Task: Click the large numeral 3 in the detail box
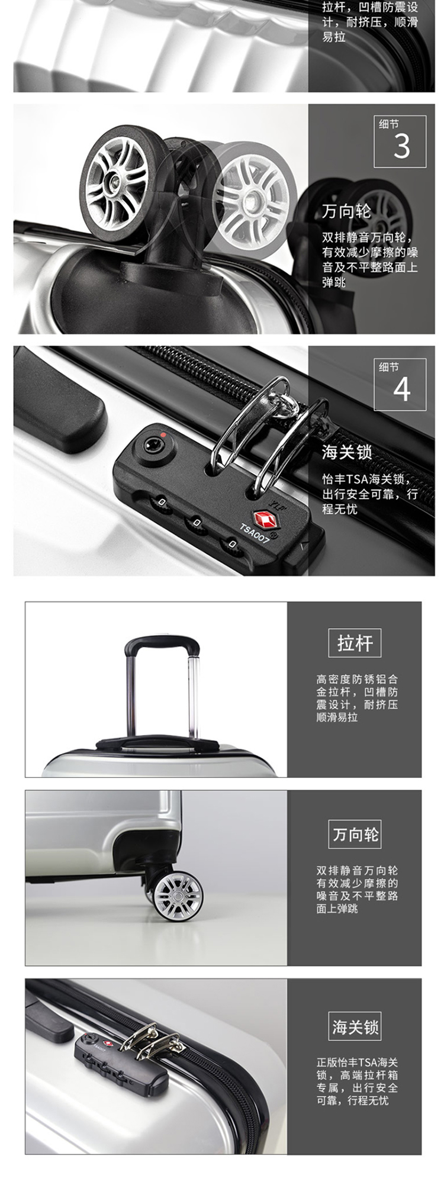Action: point(401,146)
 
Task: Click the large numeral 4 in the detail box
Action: point(402,389)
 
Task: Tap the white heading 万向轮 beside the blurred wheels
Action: point(346,211)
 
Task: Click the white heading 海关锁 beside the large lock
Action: point(346,453)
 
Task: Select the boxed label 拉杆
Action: point(355,643)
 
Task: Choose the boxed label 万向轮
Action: point(355,835)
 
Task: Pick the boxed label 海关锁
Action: point(355,1027)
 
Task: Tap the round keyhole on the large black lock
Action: point(153,442)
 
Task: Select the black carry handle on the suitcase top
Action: point(157,742)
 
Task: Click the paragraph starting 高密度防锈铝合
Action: point(356,698)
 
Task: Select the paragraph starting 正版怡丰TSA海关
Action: point(356,1081)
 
